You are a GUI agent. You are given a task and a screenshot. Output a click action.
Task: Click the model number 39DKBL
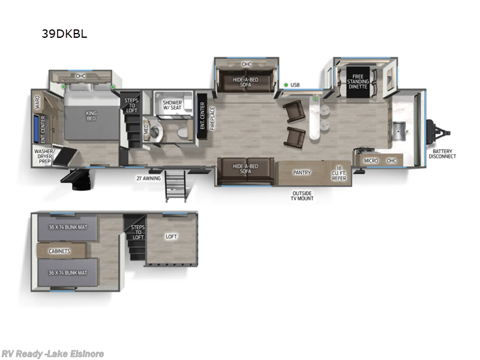(64, 34)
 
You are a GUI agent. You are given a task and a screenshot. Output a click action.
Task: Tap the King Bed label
(91, 115)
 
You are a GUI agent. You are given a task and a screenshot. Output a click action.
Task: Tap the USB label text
(295, 85)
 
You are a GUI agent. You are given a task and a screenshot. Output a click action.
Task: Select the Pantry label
(301, 173)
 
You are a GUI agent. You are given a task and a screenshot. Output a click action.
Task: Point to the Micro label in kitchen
(371, 161)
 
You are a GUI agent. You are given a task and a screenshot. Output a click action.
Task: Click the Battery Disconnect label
(442, 153)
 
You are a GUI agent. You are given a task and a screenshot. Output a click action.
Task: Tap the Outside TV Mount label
(302, 196)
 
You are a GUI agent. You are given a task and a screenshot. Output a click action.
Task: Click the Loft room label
(172, 236)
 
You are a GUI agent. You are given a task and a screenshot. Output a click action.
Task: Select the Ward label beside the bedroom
(37, 102)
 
